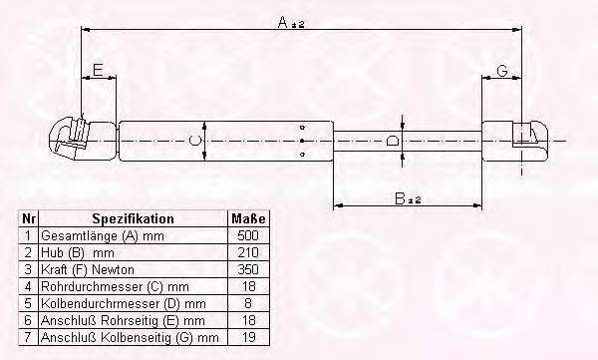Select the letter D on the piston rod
point(392,141)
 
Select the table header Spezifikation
point(133,218)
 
